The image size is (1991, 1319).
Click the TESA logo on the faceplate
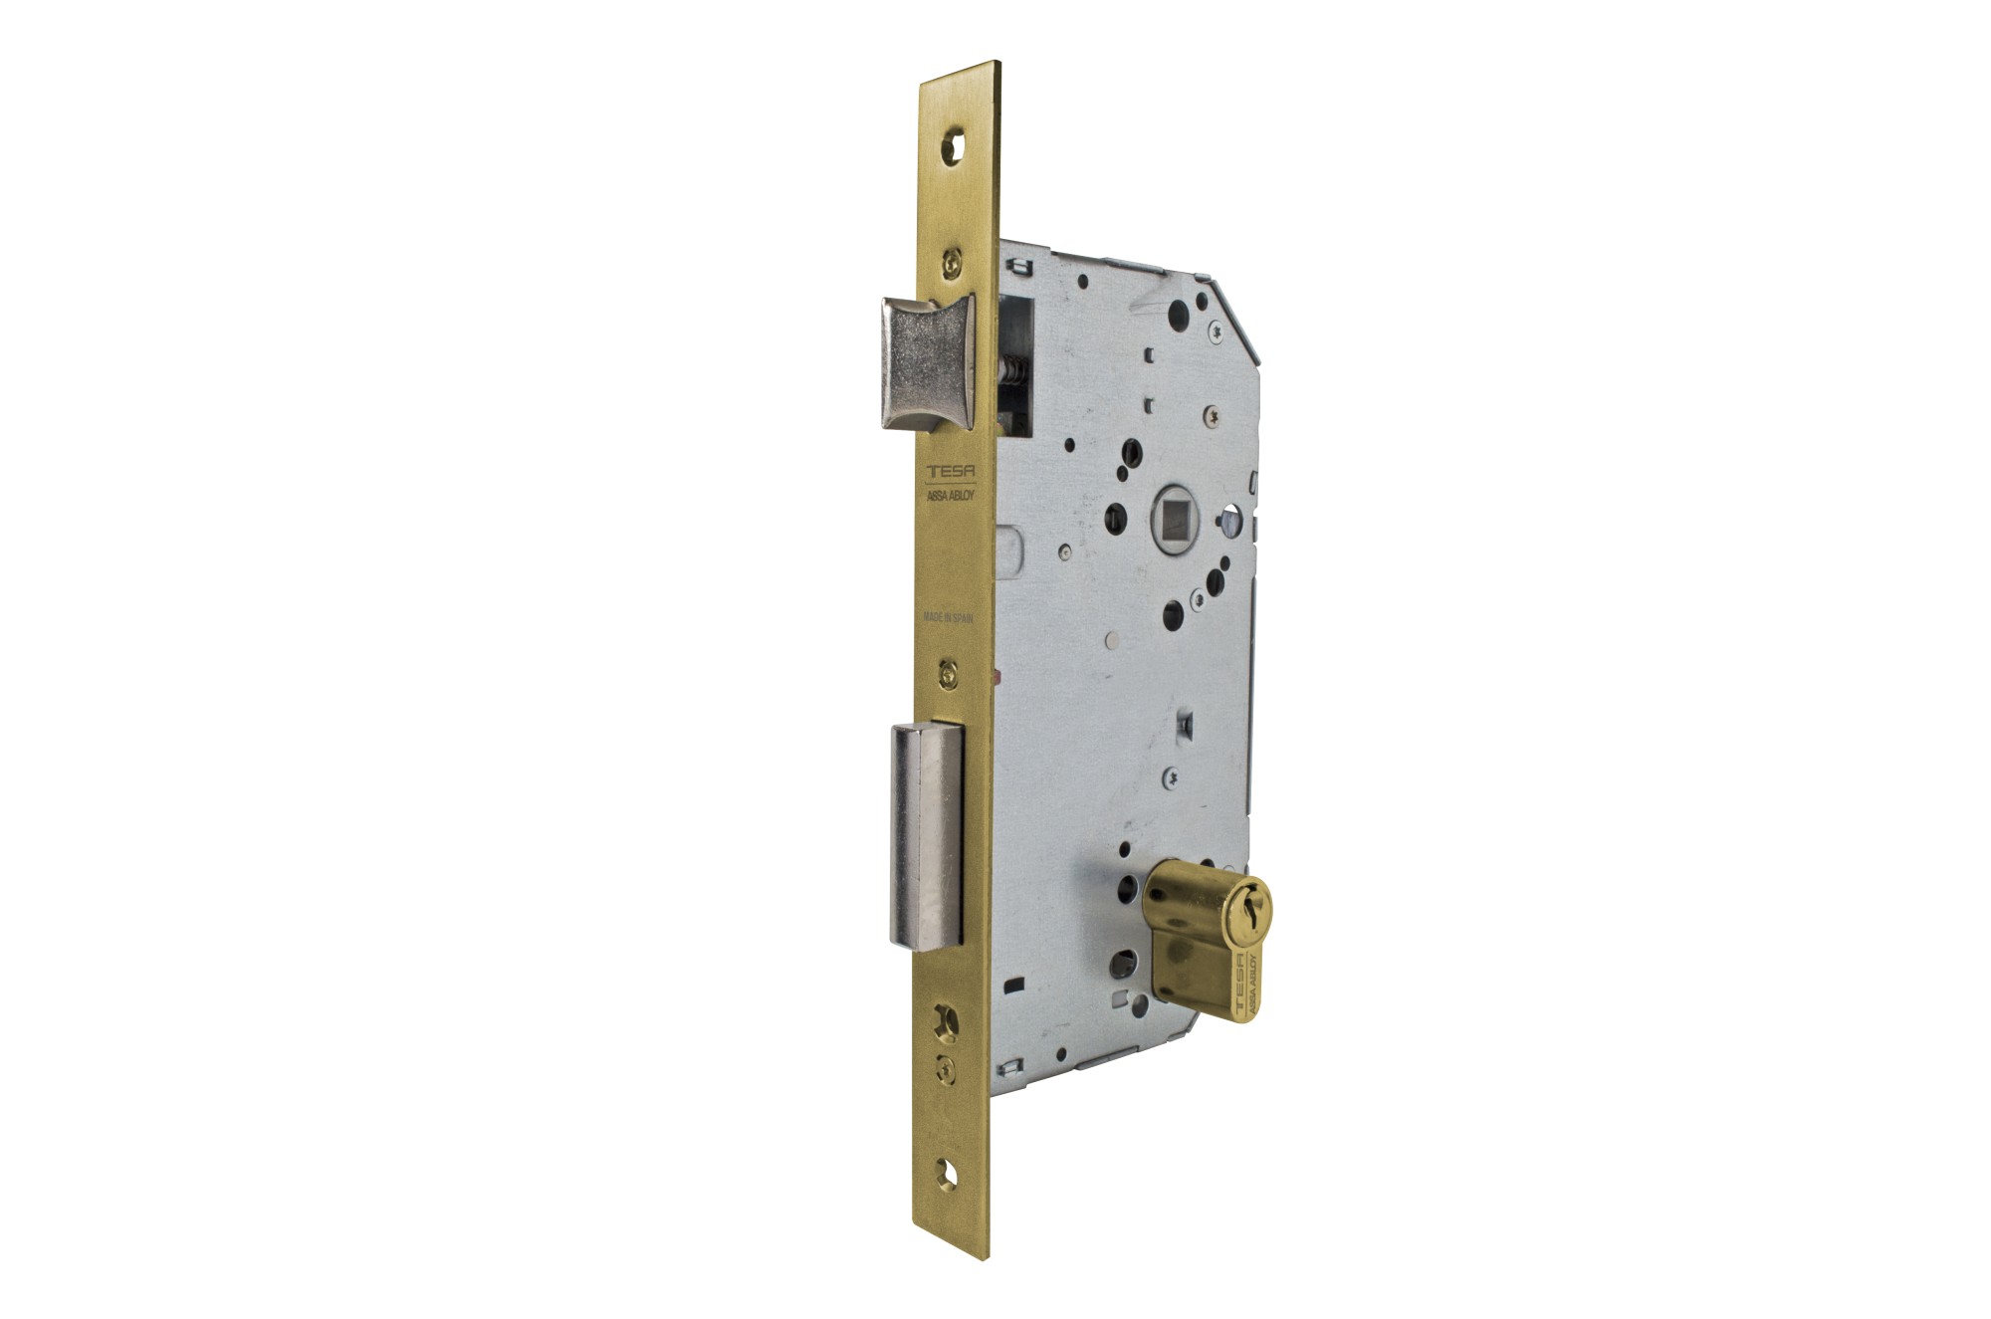click(x=951, y=473)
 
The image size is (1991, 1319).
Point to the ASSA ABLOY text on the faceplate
click(x=951, y=494)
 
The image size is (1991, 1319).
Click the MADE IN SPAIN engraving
click(x=948, y=617)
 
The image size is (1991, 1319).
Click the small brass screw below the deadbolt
click(x=946, y=1069)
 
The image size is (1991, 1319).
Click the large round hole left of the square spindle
click(x=1116, y=516)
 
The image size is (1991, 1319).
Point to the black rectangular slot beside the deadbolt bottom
click(x=1014, y=985)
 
